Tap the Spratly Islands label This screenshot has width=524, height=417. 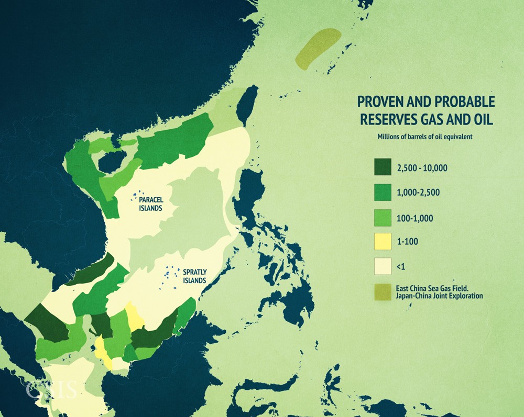[194, 276]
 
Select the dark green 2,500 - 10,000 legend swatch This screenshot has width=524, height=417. [384, 167]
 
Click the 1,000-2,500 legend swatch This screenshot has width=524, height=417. [384, 192]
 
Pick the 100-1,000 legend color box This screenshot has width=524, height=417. [384, 217]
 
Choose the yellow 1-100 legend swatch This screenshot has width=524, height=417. [384, 242]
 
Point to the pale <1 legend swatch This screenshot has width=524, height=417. [384, 266]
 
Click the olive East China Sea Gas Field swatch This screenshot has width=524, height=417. [384, 292]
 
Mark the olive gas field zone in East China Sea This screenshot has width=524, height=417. [318, 49]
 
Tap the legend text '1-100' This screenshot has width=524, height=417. [408, 242]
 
